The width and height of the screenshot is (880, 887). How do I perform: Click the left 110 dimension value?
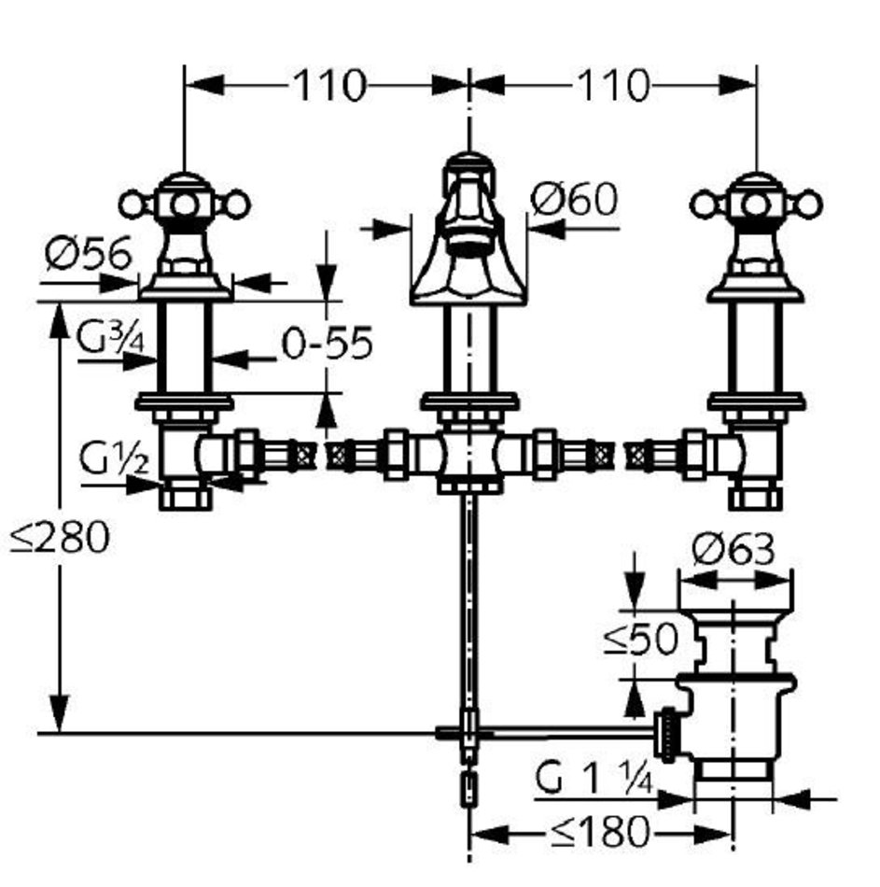point(329,86)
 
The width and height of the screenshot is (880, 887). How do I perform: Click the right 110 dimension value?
point(612,86)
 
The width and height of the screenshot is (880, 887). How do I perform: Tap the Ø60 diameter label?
point(573,199)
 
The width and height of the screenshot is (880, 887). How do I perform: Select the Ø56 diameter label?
point(88,254)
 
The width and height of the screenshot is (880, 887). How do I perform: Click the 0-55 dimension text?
point(327,345)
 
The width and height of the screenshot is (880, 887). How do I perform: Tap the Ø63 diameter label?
point(733,550)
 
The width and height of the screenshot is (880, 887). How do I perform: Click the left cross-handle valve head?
point(185,201)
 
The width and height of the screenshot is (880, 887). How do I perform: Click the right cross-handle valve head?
point(755,201)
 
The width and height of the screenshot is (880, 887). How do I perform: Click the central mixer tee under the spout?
point(468,456)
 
